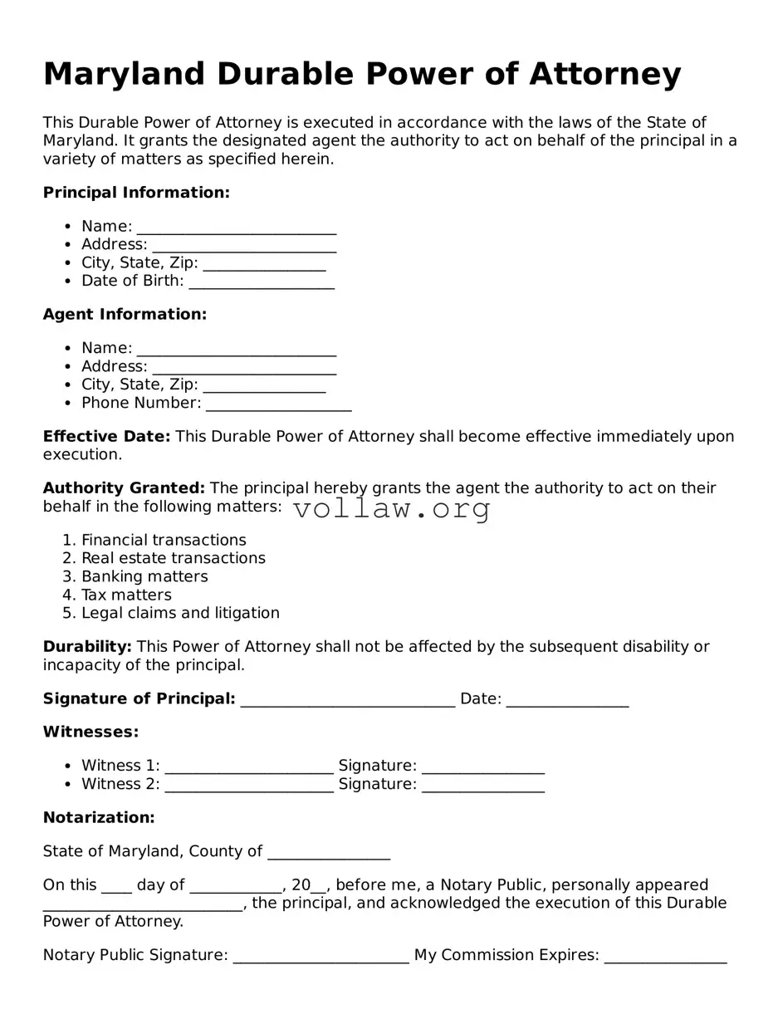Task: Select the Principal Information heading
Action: [136, 193]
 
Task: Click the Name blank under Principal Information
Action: [237, 228]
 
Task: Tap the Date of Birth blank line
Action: [262, 282]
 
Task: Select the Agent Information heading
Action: [125, 314]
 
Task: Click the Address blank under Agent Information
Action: [244, 368]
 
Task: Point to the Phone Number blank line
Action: [279, 404]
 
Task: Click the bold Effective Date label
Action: [106, 436]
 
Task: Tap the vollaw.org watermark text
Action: [392, 508]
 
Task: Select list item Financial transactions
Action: [164, 540]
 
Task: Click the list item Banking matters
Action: [144, 576]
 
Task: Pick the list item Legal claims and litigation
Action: [180, 613]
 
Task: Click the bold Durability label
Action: [87, 646]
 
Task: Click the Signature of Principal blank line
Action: [347, 700]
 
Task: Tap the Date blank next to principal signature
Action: [567, 700]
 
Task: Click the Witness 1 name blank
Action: [249, 767]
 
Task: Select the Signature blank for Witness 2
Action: [483, 786]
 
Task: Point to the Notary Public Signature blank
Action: [321, 957]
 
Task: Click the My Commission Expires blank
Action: [665, 957]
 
